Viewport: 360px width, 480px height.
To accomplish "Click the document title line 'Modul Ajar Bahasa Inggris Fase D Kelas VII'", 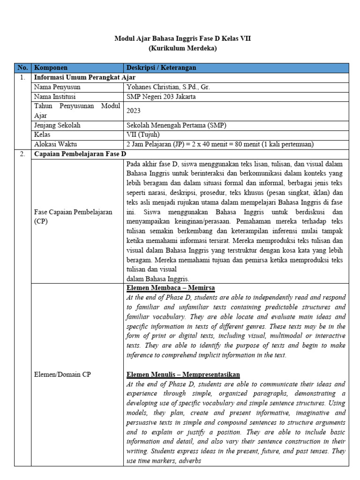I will (x=183, y=39).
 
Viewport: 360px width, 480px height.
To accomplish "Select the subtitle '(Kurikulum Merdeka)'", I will (x=183, y=48).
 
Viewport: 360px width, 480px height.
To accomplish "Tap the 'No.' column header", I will (x=22, y=68).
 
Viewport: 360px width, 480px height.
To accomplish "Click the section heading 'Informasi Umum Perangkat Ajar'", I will (x=85, y=77).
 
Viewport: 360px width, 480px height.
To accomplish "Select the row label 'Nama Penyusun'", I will (x=57, y=87).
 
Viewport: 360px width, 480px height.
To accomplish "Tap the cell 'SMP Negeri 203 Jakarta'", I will (x=161, y=97).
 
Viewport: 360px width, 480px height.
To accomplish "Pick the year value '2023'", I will (x=134, y=111).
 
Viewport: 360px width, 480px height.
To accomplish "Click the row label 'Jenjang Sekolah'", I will (x=57, y=125).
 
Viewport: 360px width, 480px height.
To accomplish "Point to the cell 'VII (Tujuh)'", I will (x=143, y=135).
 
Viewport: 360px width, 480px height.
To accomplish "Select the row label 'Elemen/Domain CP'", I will (x=62, y=374).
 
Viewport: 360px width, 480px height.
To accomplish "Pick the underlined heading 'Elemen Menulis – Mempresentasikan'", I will (x=183, y=374).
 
